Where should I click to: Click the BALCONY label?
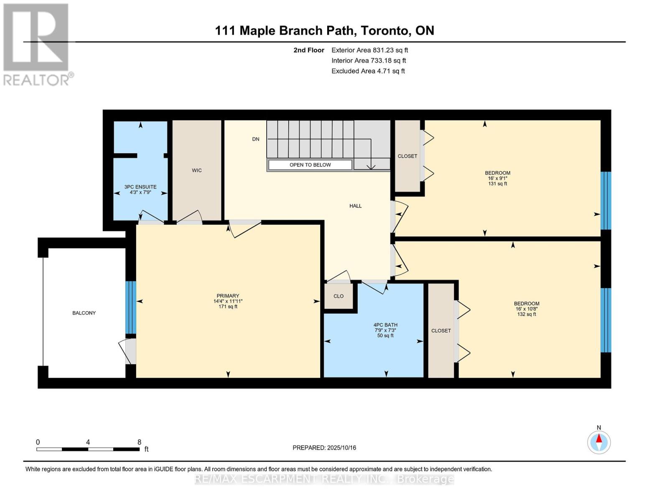click(84, 313)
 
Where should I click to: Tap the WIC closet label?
click(196, 170)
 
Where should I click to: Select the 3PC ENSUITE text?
click(140, 187)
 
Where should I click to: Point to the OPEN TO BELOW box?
click(310, 165)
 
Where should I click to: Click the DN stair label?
click(256, 139)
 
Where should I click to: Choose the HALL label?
click(355, 206)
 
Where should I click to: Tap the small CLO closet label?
click(338, 296)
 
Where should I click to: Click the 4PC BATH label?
click(385, 325)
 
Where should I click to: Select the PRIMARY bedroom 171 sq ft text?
click(228, 307)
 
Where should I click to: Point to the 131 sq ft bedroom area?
click(498, 184)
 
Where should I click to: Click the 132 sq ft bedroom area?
click(527, 314)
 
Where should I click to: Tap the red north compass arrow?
click(599, 438)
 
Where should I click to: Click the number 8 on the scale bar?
click(139, 442)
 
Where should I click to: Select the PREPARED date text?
click(324, 448)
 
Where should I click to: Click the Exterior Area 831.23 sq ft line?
click(369, 50)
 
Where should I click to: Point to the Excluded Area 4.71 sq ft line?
click(368, 71)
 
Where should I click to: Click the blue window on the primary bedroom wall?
click(130, 307)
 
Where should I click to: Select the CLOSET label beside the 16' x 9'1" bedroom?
click(407, 156)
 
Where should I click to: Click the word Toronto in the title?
click(385, 31)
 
